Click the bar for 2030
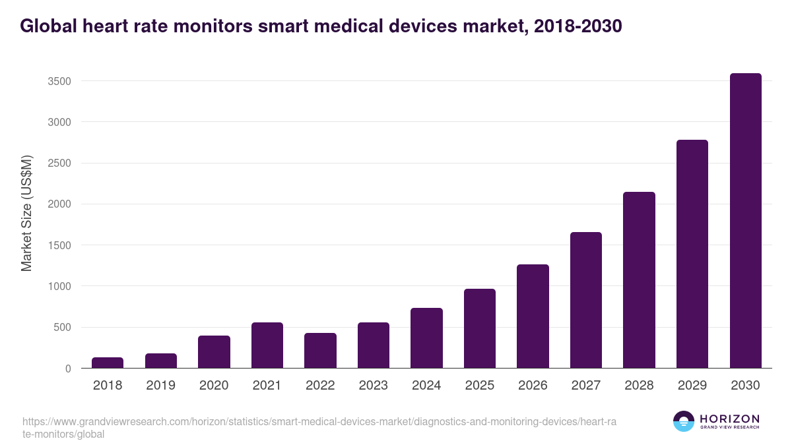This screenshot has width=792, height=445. [745, 221]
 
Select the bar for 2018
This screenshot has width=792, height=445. [108, 363]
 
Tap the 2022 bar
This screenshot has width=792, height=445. [320, 351]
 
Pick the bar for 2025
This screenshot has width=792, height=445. [480, 328]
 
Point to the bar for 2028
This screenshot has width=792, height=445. [639, 280]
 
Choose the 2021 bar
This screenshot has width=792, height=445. [267, 345]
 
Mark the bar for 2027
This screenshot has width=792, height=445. [586, 300]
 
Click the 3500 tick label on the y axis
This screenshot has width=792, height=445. [59, 81]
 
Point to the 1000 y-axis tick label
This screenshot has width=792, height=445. [59, 286]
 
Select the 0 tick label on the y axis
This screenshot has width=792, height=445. [68, 369]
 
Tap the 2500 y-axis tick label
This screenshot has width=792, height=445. [59, 163]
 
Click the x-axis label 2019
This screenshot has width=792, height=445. [160, 386]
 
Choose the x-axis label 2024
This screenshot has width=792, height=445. [426, 386]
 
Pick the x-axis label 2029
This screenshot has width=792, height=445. [692, 386]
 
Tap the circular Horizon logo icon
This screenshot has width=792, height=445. [684, 421]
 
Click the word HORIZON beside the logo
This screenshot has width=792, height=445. [729, 418]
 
